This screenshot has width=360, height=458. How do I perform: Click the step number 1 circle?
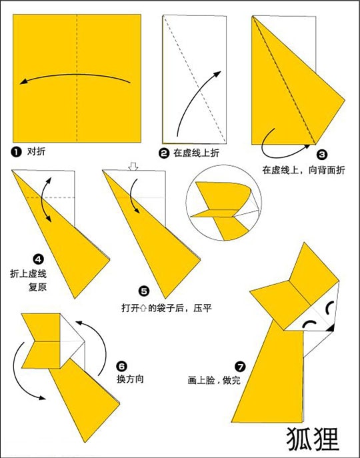(17, 152)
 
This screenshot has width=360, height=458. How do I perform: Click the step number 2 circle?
(164, 153)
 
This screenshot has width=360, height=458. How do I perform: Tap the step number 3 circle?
(322, 154)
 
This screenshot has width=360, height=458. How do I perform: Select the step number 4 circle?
(38, 259)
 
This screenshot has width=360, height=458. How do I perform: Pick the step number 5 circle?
(143, 291)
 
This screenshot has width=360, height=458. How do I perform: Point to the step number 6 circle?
(121, 366)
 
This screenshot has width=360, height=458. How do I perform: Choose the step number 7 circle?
(240, 367)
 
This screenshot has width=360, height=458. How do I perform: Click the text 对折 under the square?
(36, 151)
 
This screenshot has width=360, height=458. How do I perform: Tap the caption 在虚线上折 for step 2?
(197, 153)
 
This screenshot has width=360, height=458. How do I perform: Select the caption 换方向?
(130, 379)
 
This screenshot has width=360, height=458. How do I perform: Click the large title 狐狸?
(313, 440)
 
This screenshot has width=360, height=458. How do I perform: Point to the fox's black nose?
(331, 328)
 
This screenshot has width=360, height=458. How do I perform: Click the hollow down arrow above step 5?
(133, 167)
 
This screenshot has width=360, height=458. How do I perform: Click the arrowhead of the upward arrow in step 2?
(217, 74)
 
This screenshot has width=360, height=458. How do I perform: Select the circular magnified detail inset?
(224, 203)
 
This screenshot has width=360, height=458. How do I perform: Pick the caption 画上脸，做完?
(214, 381)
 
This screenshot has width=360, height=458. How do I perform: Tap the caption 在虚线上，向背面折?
(303, 170)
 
